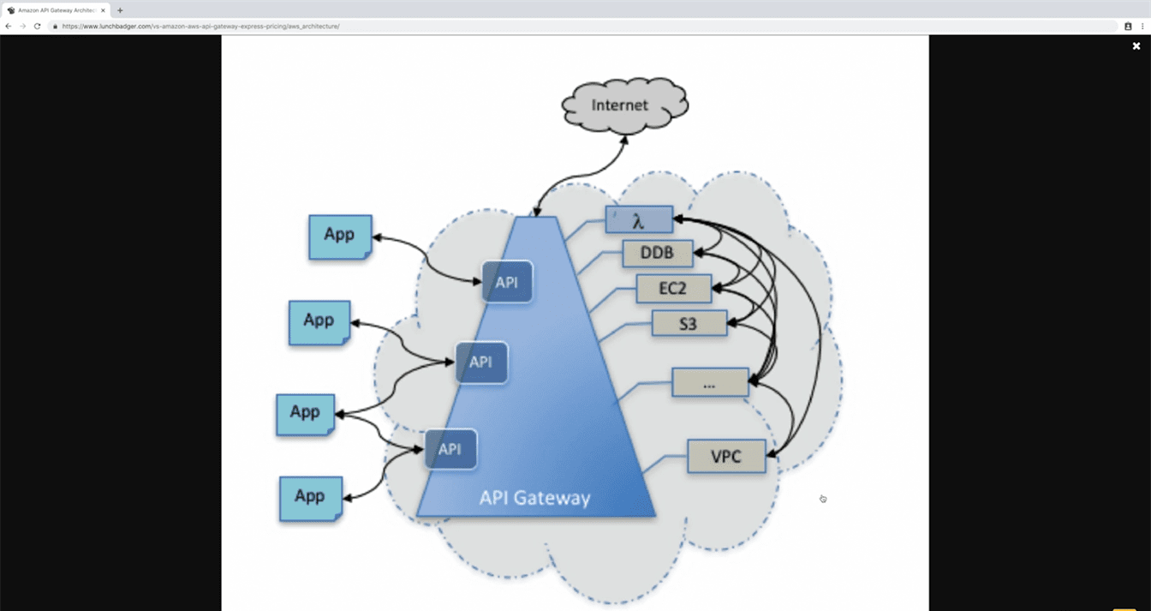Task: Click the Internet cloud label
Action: pos(620,105)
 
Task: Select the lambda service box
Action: pos(638,220)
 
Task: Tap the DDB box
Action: pos(657,254)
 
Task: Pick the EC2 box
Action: pos(673,289)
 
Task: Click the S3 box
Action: pos(689,323)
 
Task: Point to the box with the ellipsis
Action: pos(710,382)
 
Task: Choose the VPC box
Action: pos(726,456)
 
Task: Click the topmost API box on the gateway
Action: pos(507,282)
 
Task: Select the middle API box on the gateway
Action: pos(481,362)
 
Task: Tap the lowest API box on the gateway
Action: pos(450,448)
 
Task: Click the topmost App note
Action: pos(340,236)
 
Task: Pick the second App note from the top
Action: pos(319,322)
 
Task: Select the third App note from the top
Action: pos(305,413)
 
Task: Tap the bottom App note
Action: pos(310,498)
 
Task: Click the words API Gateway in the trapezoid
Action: pos(534,497)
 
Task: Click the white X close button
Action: pos(1136,46)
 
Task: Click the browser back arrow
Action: pos(9,27)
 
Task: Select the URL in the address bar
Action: pos(200,27)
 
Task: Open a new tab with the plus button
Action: pos(120,10)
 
